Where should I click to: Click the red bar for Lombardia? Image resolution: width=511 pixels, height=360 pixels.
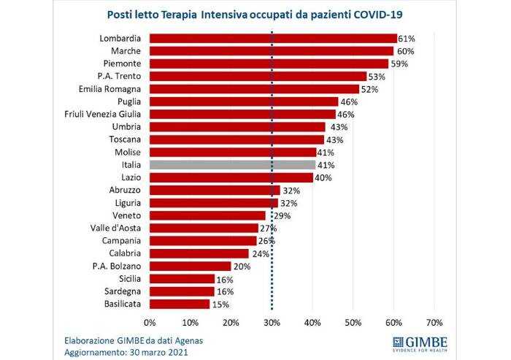[x=273, y=38]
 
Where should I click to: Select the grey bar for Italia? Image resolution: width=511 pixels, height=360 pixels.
[x=232, y=165]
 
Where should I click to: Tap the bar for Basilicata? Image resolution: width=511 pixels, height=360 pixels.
[x=180, y=304]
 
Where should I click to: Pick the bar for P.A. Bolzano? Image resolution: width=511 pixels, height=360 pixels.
[x=190, y=266]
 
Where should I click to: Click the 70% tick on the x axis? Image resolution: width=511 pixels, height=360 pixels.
[x=434, y=322]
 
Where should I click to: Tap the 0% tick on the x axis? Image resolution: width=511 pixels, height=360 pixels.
[x=150, y=322]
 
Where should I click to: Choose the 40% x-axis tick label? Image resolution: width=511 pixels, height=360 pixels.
[x=312, y=322]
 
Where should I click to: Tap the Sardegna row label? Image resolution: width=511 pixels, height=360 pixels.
[x=120, y=291]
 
